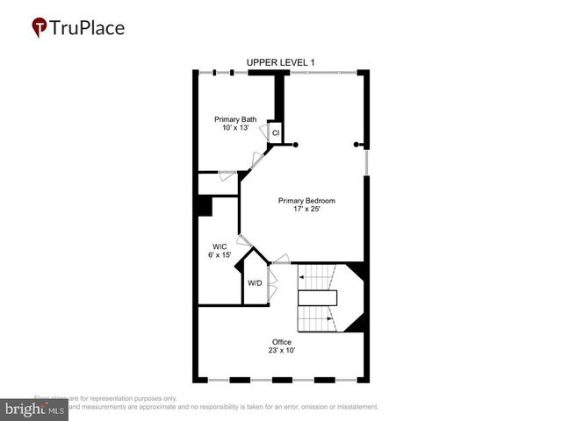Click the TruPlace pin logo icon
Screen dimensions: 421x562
tap(40, 28)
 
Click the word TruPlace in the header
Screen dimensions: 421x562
tap(88, 28)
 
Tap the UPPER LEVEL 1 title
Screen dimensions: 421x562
tap(280, 62)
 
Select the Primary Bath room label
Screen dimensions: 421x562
tap(236, 119)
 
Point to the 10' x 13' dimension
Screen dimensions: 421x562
tap(236, 128)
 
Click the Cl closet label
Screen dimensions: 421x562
tap(275, 133)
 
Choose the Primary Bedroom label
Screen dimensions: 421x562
tap(306, 201)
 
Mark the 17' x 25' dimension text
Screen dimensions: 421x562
tap(306, 210)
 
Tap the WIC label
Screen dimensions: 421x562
tap(220, 246)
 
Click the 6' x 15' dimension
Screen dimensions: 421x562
tap(220, 255)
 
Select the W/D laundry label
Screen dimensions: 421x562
tap(254, 283)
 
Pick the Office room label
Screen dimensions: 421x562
tap(282, 341)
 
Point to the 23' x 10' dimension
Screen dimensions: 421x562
tap(282, 350)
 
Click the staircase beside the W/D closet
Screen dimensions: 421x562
tap(316, 298)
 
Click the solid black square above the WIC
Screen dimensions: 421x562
tap(205, 205)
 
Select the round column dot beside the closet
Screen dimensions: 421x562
tap(296, 144)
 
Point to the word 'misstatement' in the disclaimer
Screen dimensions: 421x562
tap(351, 407)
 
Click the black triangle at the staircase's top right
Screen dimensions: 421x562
tap(357, 272)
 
